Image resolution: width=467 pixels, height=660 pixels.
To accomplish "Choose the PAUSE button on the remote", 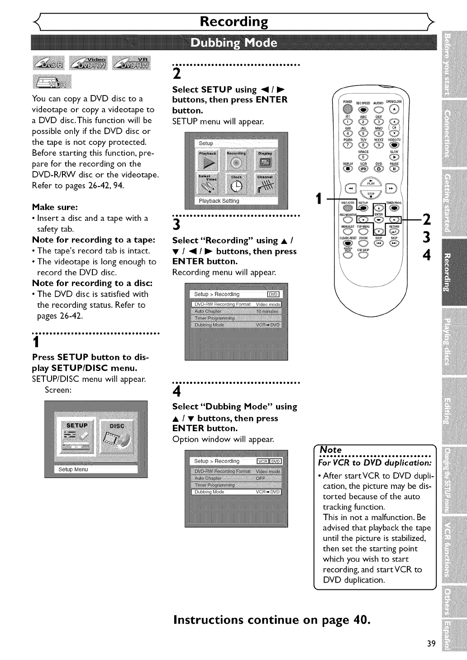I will coord(394,169).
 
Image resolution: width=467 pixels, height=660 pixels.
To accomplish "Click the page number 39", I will coord(430,644).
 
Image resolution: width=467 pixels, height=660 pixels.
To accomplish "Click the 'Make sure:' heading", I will coord(55,207).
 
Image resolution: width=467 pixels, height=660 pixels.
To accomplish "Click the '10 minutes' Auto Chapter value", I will coord(267,311).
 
